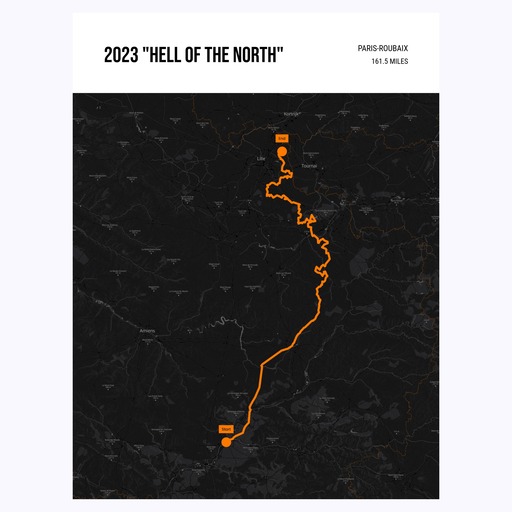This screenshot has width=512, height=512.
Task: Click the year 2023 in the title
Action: click(121, 56)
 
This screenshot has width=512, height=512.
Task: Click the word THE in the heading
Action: click(217, 56)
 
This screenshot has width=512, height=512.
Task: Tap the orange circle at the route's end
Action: click(282, 152)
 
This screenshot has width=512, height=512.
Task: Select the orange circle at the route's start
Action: click(227, 443)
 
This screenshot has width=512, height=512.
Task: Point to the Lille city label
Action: click(263, 158)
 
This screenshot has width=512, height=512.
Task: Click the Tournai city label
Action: click(308, 165)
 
